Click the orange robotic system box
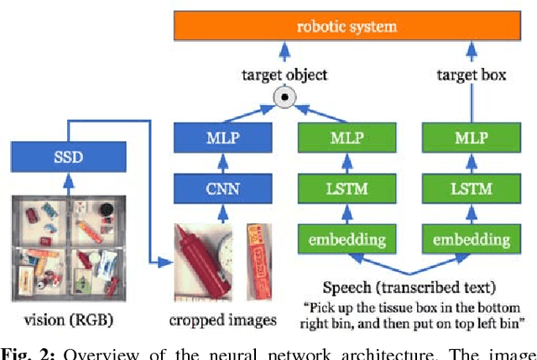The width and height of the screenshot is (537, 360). pos(346,26)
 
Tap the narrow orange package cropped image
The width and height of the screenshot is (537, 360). pos(259,252)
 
